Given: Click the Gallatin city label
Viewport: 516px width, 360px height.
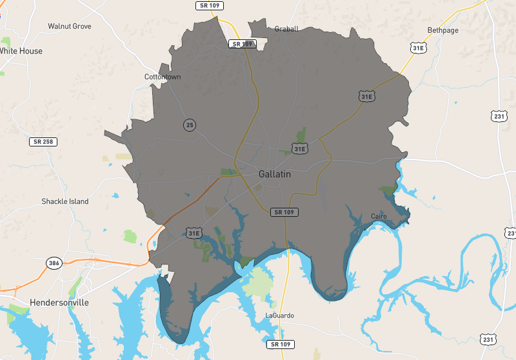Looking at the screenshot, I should coord(275,174).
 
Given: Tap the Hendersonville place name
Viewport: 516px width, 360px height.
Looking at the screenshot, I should coord(59,302).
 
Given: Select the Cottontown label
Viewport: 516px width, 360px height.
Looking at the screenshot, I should coord(163,77).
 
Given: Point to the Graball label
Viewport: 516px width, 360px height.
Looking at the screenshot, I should coord(286,29).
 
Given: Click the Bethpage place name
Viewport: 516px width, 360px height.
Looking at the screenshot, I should coord(442,30).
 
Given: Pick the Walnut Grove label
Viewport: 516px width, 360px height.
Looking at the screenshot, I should coord(70,26).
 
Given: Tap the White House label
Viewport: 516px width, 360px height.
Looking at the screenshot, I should coord(21,51).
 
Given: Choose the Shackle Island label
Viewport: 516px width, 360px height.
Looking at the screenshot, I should coord(65,201).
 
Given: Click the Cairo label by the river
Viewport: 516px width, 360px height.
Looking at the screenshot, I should coord(379,216).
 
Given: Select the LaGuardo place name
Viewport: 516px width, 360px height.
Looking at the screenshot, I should coord(279,315).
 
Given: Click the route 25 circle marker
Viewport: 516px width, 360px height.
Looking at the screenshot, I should coord(189,125).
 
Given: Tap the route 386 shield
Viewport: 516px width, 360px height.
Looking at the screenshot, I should coord(54,263).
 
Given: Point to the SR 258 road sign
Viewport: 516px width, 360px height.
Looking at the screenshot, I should coord(42,141).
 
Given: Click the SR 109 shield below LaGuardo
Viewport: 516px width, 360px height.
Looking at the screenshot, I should coord(282,344).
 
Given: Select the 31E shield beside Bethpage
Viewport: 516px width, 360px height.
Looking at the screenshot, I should coord(419,48).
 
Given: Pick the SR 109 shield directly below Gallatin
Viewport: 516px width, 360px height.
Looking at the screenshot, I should coord(284,212).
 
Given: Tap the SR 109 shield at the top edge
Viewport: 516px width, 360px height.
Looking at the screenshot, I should coord(209,5).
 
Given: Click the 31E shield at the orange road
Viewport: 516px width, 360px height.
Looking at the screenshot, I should coord(193,232).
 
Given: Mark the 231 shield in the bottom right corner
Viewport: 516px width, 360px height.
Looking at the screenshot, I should coord(489,339).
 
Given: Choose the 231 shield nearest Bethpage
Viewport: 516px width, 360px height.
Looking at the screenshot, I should coord(499,116).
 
